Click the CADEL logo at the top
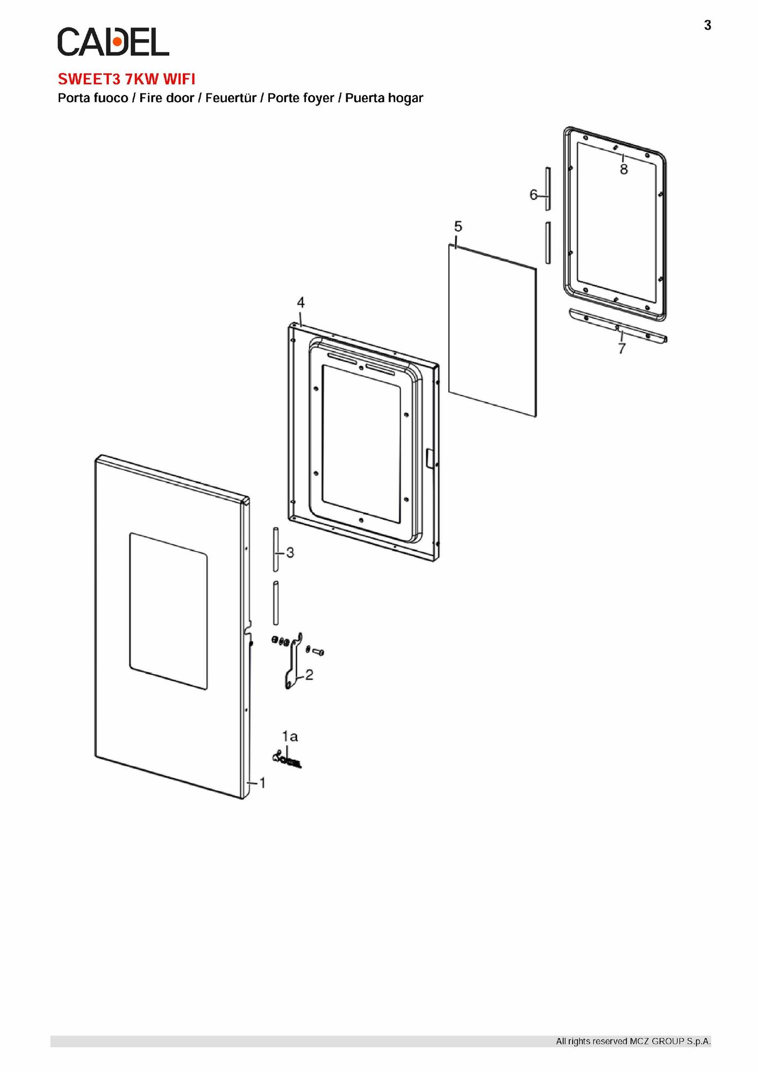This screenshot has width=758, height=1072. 113,41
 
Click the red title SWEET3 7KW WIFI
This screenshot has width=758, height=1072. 126,79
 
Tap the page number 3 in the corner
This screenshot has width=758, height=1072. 707,25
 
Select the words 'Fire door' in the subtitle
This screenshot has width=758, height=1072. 167,98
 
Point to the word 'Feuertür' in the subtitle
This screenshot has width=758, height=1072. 231,98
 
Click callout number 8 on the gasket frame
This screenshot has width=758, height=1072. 624,169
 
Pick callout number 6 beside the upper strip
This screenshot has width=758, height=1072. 533,195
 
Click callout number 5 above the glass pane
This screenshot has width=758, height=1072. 458,226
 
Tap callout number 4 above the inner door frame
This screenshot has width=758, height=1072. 301,303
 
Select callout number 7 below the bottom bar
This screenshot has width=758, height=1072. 622,349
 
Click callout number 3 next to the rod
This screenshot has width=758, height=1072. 290,553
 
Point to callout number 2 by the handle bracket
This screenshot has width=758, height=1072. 309,675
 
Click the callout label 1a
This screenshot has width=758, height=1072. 290,736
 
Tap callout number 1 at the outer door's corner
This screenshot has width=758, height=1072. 262,783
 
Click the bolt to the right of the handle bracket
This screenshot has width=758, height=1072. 318,652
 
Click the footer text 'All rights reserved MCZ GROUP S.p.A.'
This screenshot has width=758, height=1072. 633,1041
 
